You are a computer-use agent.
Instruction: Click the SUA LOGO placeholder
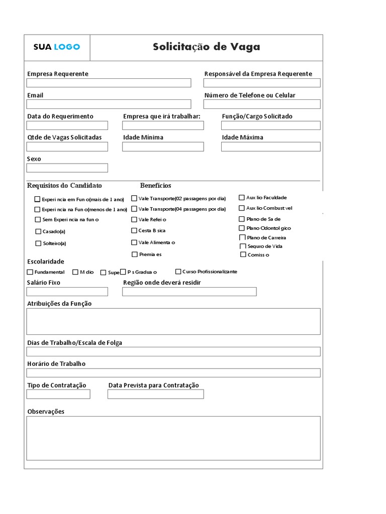point(57,47)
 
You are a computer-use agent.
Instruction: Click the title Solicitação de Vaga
point(207,47)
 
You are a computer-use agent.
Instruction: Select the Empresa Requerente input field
point(109,83)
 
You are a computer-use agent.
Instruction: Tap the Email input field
point(109,104)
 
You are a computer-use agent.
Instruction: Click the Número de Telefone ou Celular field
point(261,104)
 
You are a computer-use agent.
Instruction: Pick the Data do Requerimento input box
point(67,125)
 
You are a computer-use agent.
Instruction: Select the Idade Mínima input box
point(163,147)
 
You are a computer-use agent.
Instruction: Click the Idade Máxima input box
point(270,147)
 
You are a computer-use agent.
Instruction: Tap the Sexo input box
point(67,168)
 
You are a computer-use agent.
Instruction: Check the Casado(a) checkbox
point(38,231)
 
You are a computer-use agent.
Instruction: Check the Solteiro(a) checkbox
point(38,243)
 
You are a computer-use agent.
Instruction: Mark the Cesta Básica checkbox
point(134,230)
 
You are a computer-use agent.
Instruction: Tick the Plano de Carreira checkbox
point(243,237)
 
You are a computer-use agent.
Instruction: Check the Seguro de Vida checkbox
point(243,246)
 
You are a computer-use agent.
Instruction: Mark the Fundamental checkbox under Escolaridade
point(30,272)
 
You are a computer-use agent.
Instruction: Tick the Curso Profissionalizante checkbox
point(178,272)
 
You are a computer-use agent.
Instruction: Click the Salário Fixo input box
point(67,292)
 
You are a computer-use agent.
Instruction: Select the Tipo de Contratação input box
point(58,394)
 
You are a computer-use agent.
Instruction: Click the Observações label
point(46,412)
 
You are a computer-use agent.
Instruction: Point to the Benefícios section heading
point(156,186)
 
